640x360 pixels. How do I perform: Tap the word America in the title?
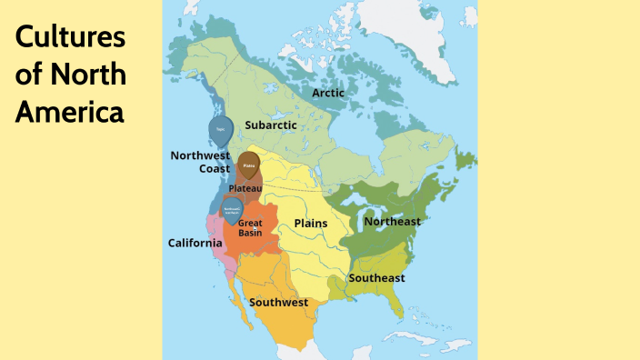pyautogui.click(x=69, y=113)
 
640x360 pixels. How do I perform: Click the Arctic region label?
pyautogui.click(x=328, y=93)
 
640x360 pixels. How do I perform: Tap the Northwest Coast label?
pyautogui.click(x=200, y=161)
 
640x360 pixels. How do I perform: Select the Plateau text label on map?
pyautogui.click(x=245, y=187)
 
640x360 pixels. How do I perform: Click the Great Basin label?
pyautogui.click(x=250, y=227)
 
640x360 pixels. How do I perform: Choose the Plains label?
pyautogui.click(x=311, y=223)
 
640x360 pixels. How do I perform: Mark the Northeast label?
pyautogui.click(x=392, y=221)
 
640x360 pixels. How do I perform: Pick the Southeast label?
pyautogui.click(x=377, y=277)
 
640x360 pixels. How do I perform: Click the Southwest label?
pyautogui.click(x=278, y=301)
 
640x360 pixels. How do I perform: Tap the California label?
pyautogui.click(x=195, y=243)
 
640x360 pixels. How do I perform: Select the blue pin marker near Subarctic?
pyautogui.click(x=219, y=129)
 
